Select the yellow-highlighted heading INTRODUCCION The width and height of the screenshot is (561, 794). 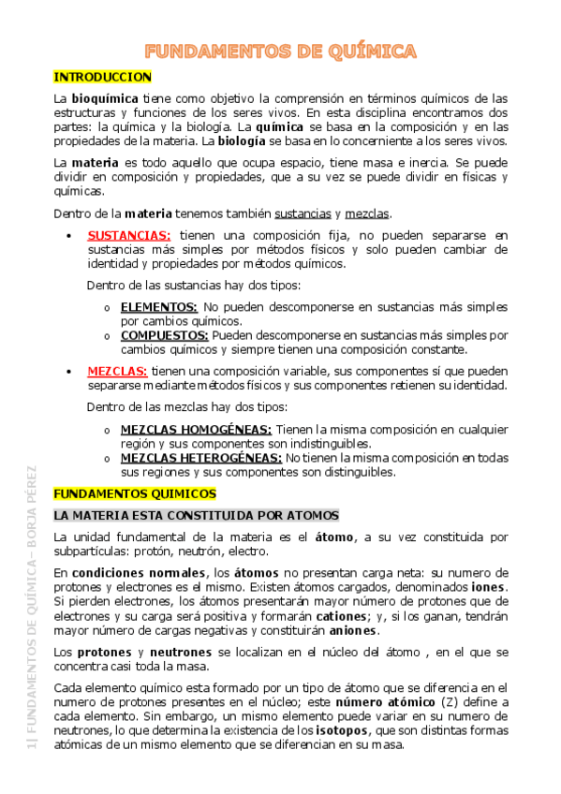[x=102, y=77]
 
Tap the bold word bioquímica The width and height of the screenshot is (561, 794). [x=104, y=97]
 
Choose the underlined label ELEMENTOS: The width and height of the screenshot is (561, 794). [x=158, y=306]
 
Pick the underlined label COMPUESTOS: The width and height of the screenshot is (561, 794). [x=164, y=334]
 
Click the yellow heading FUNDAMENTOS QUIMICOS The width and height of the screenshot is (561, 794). [x=134, y=493]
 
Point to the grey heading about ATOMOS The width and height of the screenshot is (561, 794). [x=196, y=516]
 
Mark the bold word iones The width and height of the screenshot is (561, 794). [x=489, y=587]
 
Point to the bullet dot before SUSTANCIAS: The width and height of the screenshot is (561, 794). [x=70, y=236]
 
